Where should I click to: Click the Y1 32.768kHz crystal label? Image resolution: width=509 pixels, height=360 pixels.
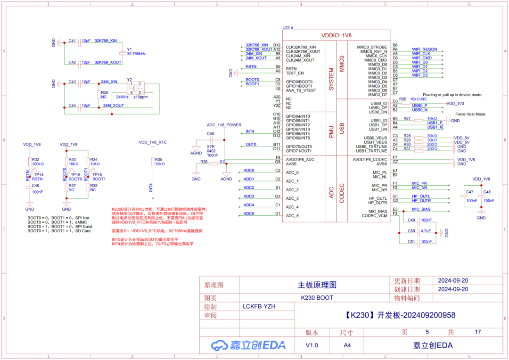(136, 51)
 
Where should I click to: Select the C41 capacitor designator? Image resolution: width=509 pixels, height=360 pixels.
(72, 41)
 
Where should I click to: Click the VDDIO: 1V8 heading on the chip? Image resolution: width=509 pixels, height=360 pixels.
(336, 35)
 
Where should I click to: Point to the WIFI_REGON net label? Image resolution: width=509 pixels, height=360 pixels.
(424, 49)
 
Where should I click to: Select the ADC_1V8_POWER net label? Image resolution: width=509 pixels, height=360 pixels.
(224, 125)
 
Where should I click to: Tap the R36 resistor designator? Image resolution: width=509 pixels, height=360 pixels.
(204, 162)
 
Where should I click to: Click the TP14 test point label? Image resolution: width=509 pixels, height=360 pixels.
(39, 175)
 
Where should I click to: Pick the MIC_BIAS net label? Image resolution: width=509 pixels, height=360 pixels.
(421, 209)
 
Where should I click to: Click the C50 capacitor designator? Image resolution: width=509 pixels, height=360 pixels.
(411, 231)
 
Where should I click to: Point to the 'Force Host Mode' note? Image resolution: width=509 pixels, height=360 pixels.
(470, 114)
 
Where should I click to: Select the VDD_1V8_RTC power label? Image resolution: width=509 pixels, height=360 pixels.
(153, 142)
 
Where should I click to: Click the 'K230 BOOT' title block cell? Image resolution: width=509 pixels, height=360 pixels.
(317, 298)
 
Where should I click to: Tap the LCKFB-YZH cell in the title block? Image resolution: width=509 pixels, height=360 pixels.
(259, 307)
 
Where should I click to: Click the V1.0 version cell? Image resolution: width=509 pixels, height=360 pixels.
(312, 345)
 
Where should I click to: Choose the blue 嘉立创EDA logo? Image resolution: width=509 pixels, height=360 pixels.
(248, 345)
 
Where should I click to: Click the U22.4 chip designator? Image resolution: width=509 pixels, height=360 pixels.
(287, 28)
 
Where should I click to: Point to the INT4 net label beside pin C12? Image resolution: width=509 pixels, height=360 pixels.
(250, 131)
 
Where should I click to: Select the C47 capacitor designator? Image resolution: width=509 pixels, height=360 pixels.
(469, 192)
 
